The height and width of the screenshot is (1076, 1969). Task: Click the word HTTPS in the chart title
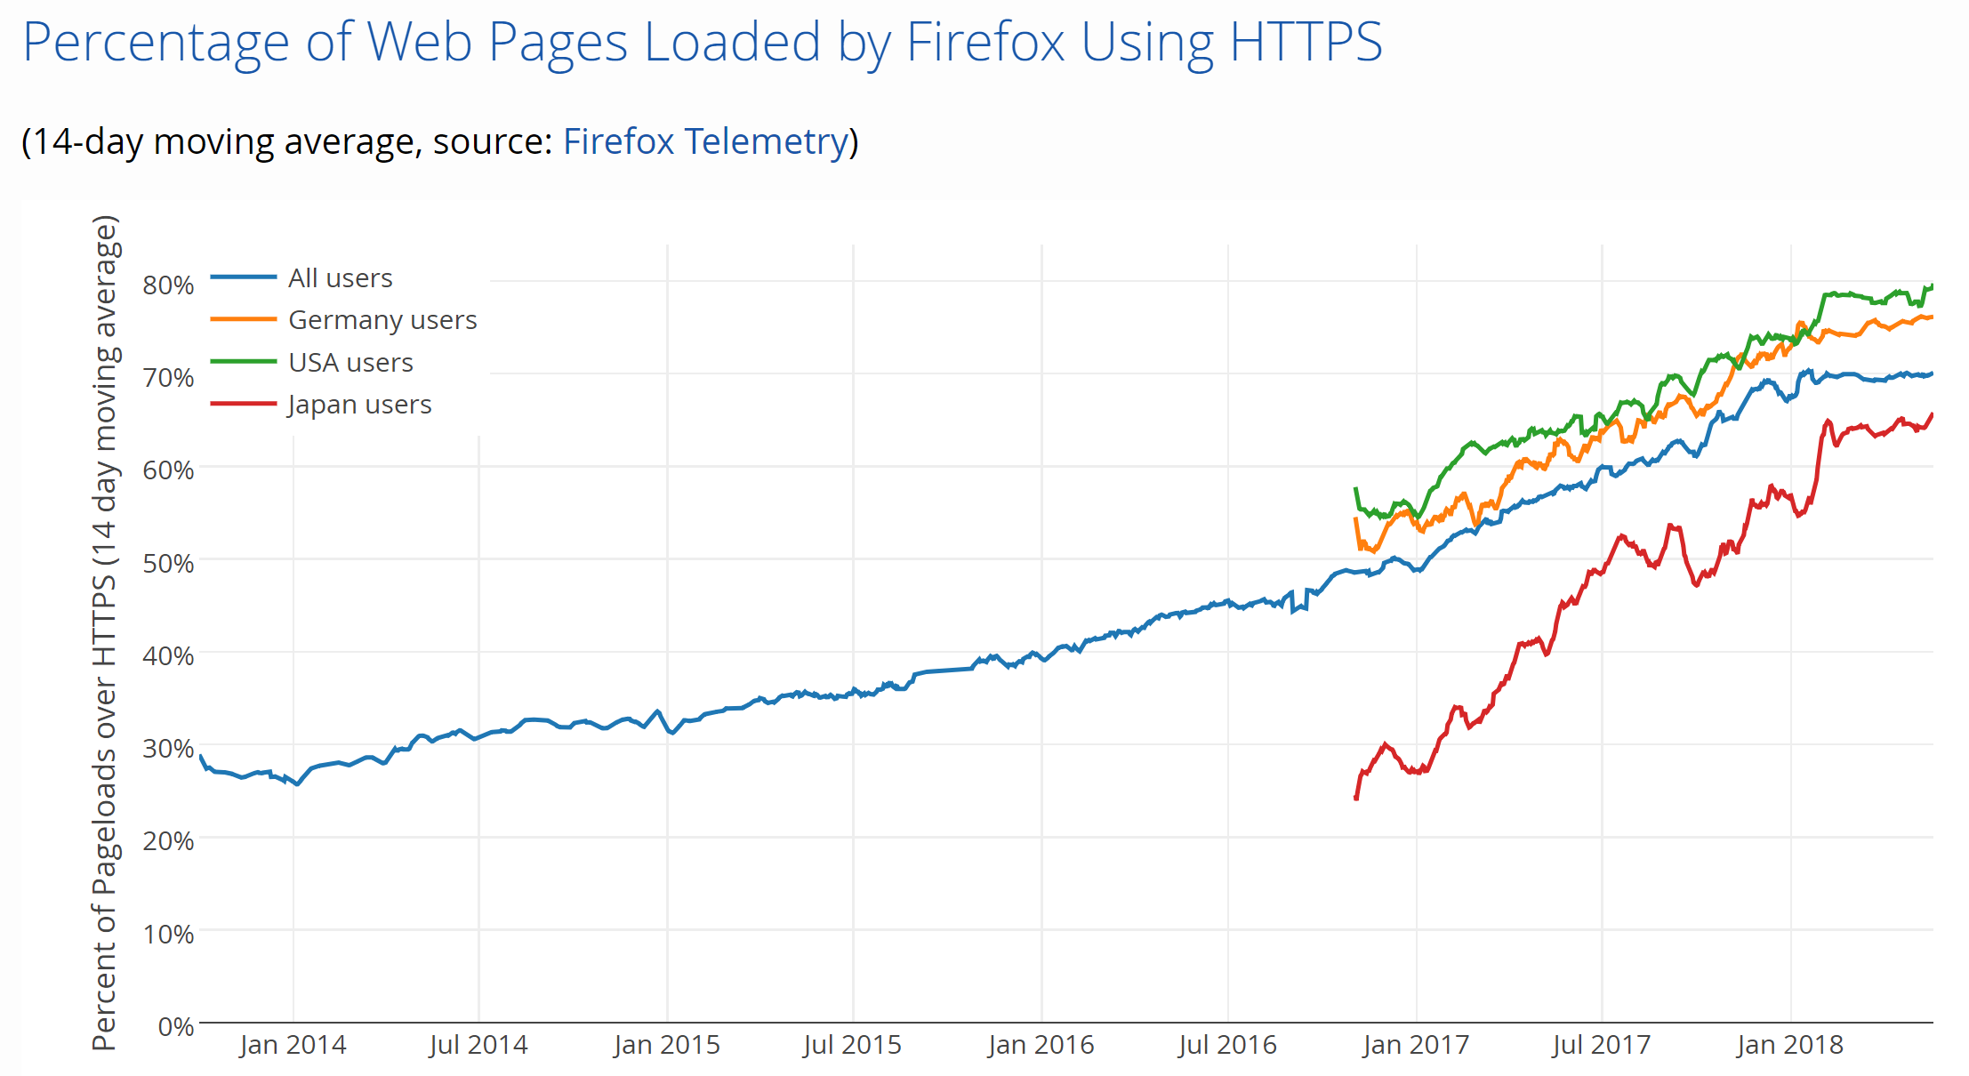pyautogui.click(x=1306, y=42)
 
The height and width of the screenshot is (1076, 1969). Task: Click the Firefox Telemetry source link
pyautogui.click(x=705, y=141)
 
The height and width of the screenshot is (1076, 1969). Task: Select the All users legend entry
pyautogui.click(x=340, y=278)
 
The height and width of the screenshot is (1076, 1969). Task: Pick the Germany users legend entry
pyautogui.click(x=382, y=320)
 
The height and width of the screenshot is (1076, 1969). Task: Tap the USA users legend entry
pyautogui.click(x=350, y=363)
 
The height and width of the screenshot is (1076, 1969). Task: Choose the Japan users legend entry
pyautogui.click(x=359, y=405)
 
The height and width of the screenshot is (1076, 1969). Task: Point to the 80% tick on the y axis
pyautogui.click(x=168, y=285)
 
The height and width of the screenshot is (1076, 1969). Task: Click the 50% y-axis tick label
pyautogui.click(x=168, y=564)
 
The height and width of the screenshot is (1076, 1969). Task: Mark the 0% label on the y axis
pyautogui.click(x=175, y=1027)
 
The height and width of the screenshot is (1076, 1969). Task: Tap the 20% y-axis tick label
pyautogui.click(x=168, y=841)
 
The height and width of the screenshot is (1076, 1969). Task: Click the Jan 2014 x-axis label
pyautogui.click(x=293, y=1045)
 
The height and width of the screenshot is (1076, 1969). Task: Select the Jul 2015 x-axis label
pyautogui.click(x=852, y=1045)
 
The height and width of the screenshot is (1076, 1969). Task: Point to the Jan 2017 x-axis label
pyautogui.click(x=1415, y=1045)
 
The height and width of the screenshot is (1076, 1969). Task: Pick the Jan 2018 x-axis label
pyautogui.click(x=1789, y=1045)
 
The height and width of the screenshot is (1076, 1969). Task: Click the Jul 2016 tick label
pyautogui.click(x=1227, y=1045)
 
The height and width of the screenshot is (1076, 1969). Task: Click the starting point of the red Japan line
pyautogui.click(x=1356, y=798)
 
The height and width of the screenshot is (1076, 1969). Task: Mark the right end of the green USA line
pyautogui.click(x=1932, y=285)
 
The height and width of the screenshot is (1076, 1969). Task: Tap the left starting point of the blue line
pyautogui.click(x=201, y=757)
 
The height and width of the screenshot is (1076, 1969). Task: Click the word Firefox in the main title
pyautogui.click(x=984, y=42)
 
